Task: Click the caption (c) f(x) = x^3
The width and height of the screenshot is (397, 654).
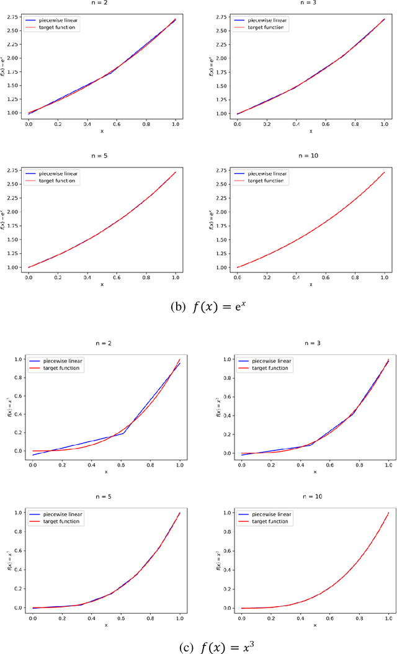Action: coord(198,645)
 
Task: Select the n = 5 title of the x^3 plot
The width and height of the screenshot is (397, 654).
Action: coord(104,496)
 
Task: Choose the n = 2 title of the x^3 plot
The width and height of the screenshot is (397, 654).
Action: coord(104,343)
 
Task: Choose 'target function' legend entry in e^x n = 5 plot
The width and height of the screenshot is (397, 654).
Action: coord(56,181)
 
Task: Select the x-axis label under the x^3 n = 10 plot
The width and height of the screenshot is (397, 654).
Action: coord(314,625)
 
